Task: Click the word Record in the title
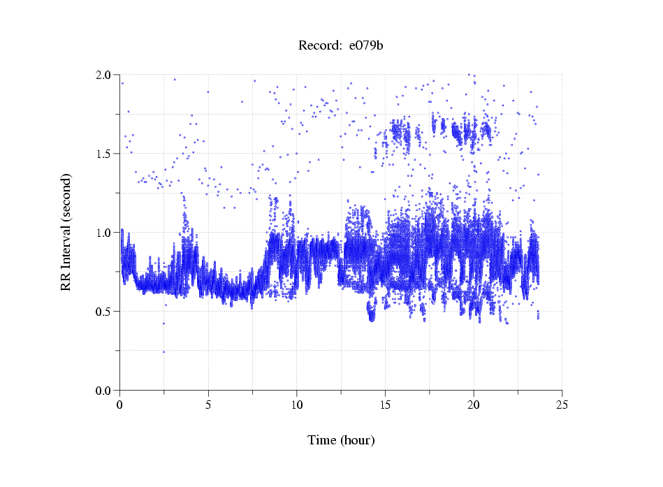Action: pos(316,46)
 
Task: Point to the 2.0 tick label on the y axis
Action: pos(105,75)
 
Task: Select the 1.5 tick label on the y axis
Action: pos(105,154)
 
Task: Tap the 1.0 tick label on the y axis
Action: pos(105,233)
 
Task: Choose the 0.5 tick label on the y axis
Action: pos(105,312)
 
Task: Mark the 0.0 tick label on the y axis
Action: pos(105,391)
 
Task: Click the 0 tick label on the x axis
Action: pos(120,405)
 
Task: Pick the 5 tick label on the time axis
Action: pos(208,405)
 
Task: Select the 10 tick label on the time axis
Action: pos(297,405)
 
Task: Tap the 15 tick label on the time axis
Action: pos(385,405)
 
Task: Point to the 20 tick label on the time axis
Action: pos(474,405)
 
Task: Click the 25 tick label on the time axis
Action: pos(562,405)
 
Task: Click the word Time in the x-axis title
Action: pos(323,440)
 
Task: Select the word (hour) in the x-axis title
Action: pos(358,441)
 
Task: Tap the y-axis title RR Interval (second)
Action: pos(66,232)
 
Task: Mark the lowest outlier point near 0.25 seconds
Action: pos(163,351)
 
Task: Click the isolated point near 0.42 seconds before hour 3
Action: pos(163,324)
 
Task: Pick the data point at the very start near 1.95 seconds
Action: pos(122,83)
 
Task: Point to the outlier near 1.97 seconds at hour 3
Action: pos(175,80)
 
